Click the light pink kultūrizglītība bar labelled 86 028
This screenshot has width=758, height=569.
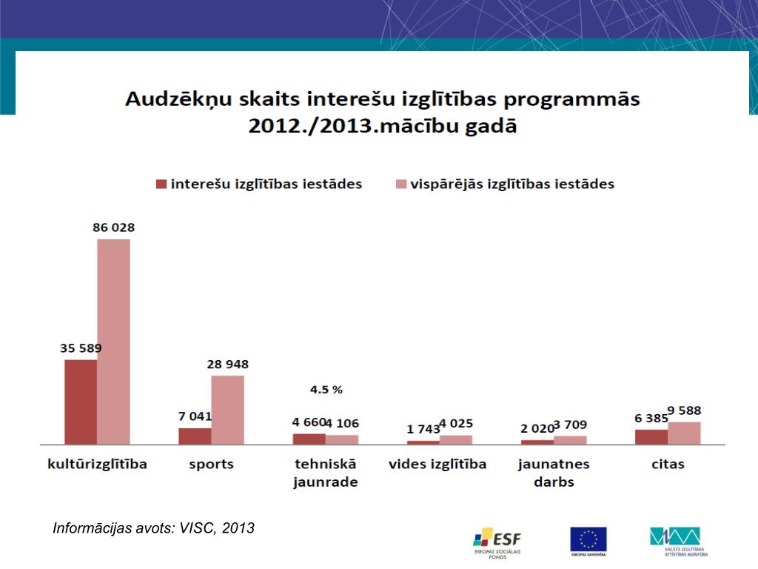(x=113, y=341)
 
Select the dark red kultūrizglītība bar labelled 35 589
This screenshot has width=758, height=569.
(x=81, y=402)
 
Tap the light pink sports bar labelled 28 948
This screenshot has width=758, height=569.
(x=227, y=410)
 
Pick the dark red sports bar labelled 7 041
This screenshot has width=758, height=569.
(x=195, y=436)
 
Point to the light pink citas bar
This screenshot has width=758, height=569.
(x=684, y=433)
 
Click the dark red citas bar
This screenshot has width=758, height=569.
(x=651, y=436)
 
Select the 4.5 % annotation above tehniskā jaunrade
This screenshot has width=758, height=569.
(x=326, y=389)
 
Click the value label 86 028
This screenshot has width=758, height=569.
(x=113, y=227)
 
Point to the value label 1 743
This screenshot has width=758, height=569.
(x=423, y=429)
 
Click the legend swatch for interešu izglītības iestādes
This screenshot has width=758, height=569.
(x=160, y=184)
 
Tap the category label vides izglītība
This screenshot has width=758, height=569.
(x=437, y=465)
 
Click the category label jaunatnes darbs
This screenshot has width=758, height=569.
(x=553, y=473)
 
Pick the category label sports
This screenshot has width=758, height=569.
(x=211, y=465)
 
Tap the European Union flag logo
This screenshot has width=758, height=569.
(x=588, y=540)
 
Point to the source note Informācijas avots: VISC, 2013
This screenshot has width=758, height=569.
(x=154, y=528)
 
